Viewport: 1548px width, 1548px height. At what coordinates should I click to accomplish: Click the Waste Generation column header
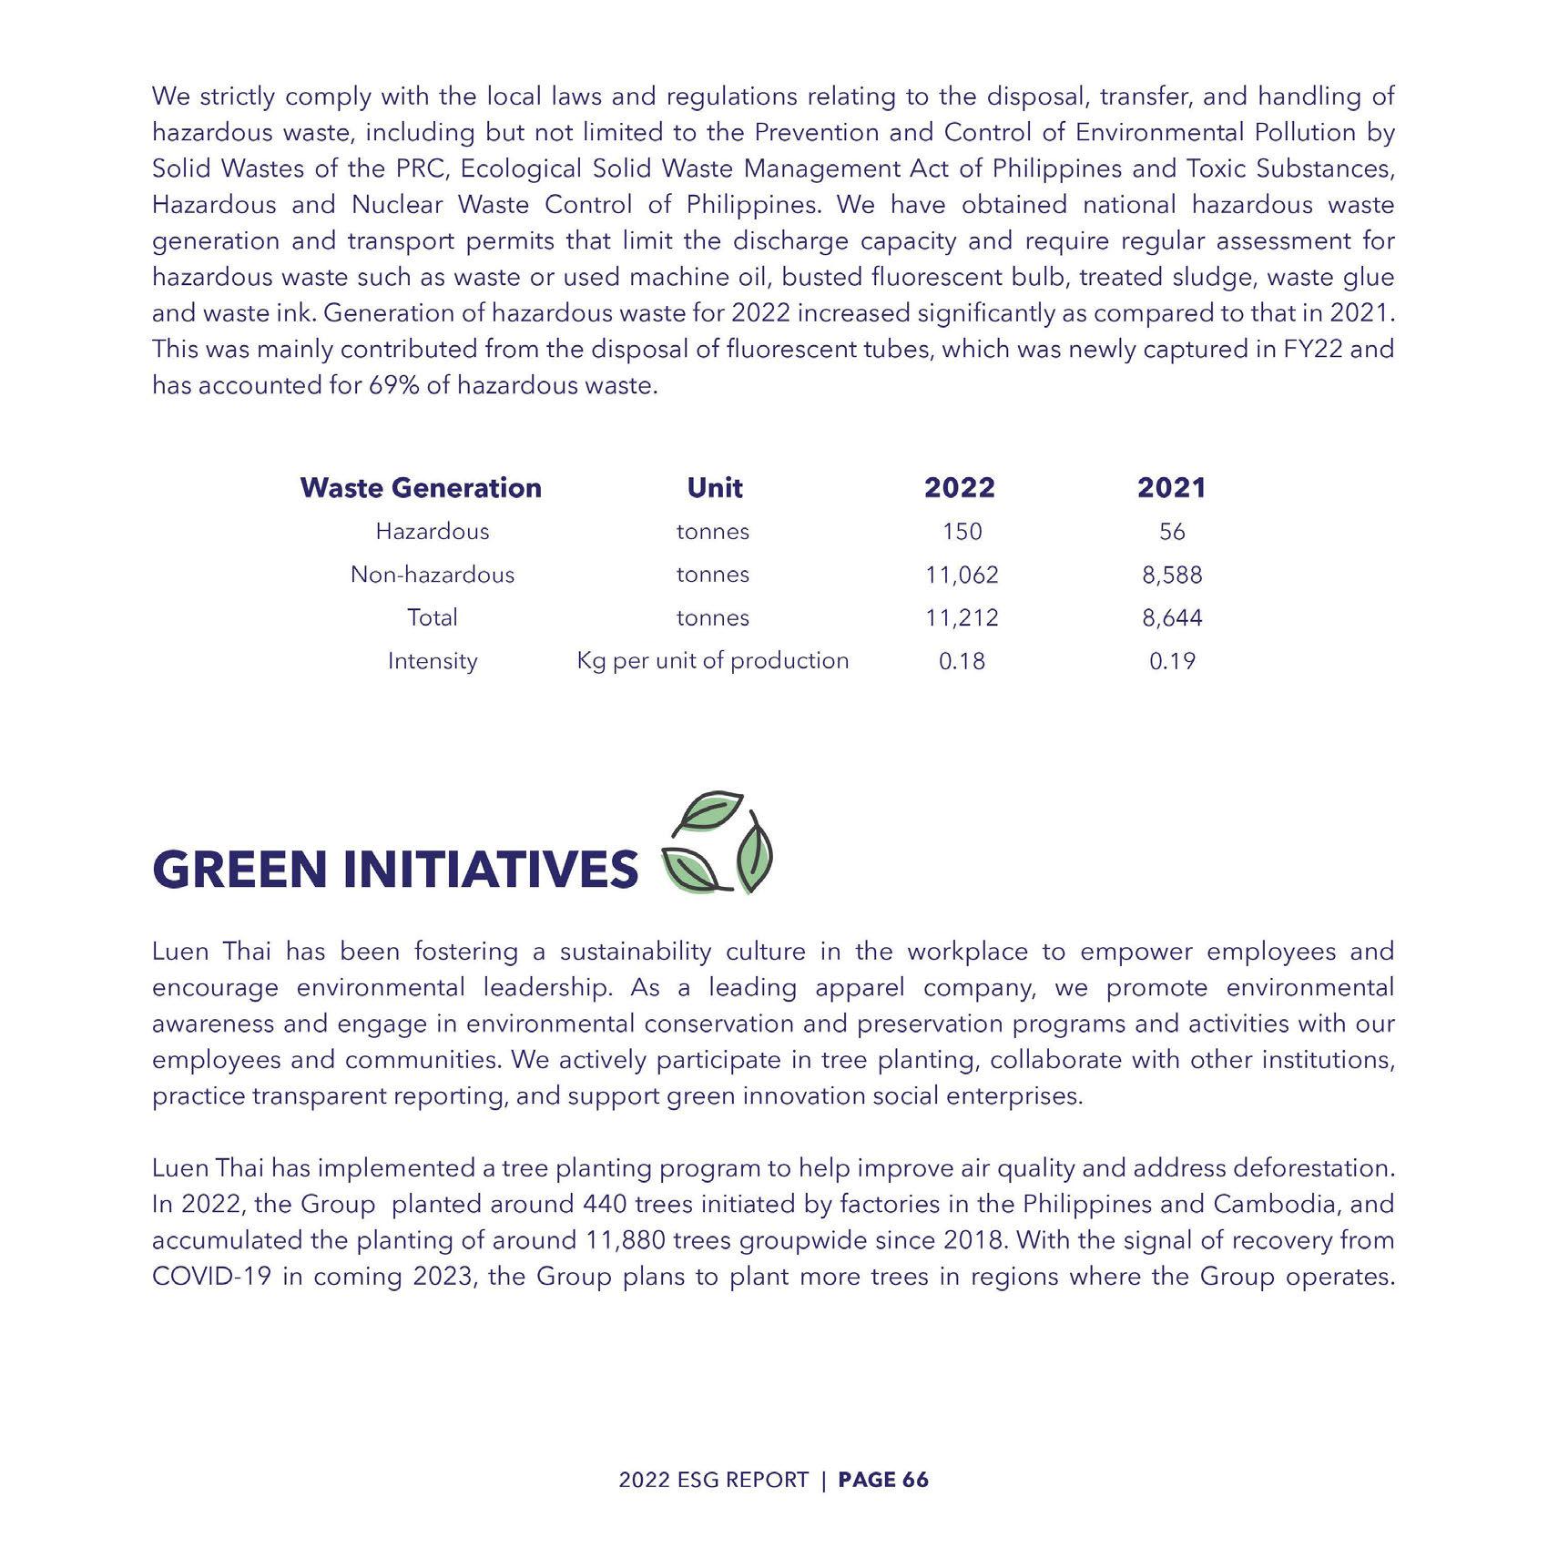[x=421, y=488]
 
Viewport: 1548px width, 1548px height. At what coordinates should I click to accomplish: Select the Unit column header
[x=715, y=488]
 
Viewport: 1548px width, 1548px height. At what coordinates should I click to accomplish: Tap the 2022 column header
[x=960, y=488]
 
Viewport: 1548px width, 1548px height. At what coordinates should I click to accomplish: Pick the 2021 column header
[x=1172, y=488]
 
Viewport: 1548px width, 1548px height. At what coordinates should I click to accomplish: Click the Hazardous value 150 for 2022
[x=962, y=532]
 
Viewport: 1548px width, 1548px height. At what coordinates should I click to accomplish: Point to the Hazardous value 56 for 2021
[x=1172, y=532]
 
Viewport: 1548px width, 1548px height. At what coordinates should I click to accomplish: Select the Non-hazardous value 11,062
[x=962, y=575]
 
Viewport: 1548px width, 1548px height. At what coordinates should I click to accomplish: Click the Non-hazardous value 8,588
[x=1172, y=575]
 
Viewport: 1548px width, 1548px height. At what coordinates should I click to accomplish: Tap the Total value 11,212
[x=962, y=618]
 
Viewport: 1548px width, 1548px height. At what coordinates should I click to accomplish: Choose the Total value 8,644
[x=1172, y=618]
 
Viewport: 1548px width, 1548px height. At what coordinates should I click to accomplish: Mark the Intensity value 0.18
[x=962, y=661]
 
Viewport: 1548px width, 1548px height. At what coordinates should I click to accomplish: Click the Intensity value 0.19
[x=1172, y=661]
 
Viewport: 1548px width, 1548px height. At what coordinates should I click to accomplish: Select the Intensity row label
[x=433, y=661]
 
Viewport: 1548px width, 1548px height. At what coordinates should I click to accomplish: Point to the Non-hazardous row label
[x=433, y=575]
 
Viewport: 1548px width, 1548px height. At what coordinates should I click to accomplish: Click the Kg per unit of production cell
[x=713, y=661]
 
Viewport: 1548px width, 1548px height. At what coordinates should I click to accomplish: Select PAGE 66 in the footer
[x=883, y=1480]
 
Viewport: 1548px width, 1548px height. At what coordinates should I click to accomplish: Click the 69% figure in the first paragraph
[x=392, y=386]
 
